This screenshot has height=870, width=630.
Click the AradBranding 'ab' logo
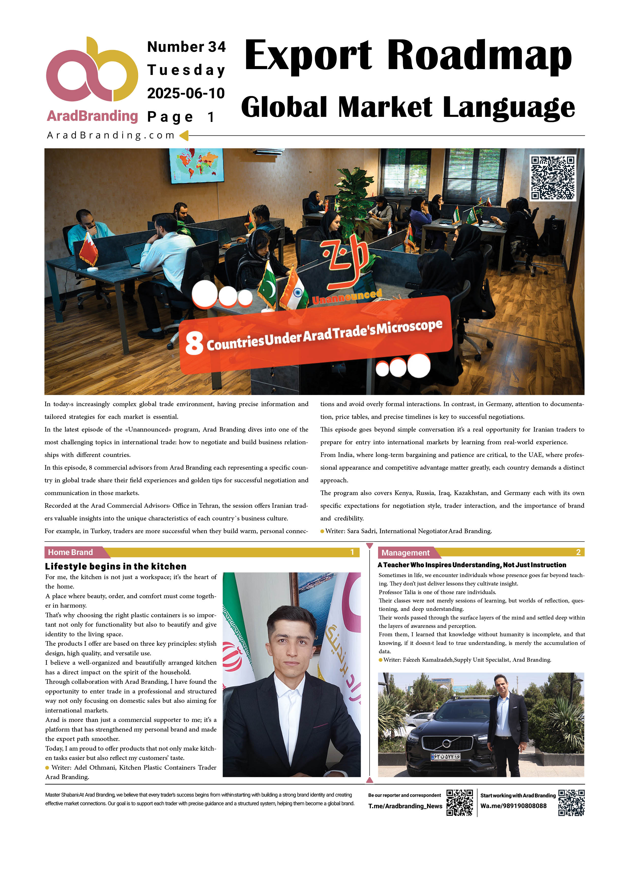[x=92, y=71]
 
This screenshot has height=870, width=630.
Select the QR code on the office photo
[x=553, y=178]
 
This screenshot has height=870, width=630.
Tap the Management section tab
[x=405, y=552]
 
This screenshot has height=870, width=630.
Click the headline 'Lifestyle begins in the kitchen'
[x=116, y=566]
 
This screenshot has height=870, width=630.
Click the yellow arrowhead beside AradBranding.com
[x=184, y=135]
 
